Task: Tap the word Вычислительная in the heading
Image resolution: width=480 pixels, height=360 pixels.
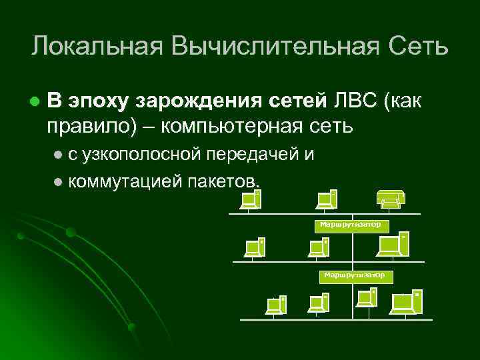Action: [273, 47]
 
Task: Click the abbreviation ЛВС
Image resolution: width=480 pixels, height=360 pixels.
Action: [355, 101]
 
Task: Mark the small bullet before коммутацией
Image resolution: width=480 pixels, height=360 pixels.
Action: [58, 181]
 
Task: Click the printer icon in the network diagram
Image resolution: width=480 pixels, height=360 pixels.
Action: [390, 198]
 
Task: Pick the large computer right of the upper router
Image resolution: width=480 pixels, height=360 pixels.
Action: [392, 245]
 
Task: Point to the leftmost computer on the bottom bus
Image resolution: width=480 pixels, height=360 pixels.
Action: [276, 305]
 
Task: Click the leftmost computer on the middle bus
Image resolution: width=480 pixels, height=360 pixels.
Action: [255, 247]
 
